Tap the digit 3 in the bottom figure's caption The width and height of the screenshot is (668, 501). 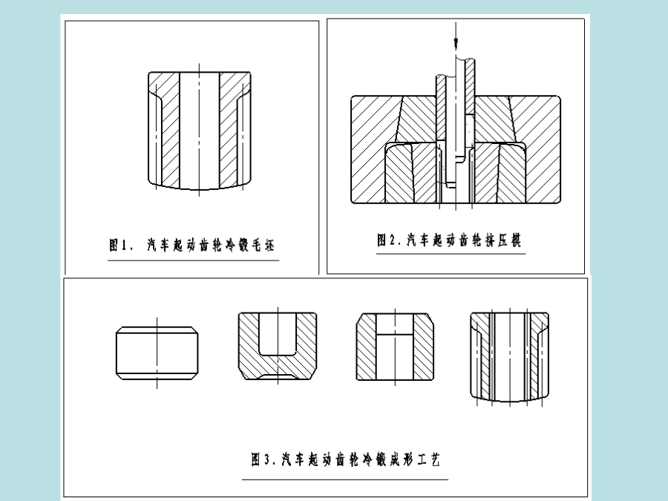pyautogui.click(x=266, y=459)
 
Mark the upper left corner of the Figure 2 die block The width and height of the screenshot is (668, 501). pyautogui.click(x=352, y=96)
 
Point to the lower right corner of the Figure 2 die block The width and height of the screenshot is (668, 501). pyautogui.click(x=560, y=203)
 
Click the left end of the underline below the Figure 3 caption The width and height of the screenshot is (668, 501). pyautogui.click(x=242, y=479)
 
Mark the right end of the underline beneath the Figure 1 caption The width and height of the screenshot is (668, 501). pyautogui.click(x=279, y=260)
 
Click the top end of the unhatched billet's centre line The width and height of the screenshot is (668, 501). pyautogui.click(x=157, y=318)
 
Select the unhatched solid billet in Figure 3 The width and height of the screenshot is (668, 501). pyautogui.click(x=157, y=353)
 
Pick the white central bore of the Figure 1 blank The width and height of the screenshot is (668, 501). pyautogui.click(x=200, y=131)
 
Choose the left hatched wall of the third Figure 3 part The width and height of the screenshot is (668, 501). pyautogui.click(x=367, y=347)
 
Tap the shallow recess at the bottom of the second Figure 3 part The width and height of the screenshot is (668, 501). pyautogui.click(x=278, y=377)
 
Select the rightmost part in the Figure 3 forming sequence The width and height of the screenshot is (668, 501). pyautogui.click(x=509, y=357)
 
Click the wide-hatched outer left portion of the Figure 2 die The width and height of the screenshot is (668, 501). pyautogui.click(x=370, y=149)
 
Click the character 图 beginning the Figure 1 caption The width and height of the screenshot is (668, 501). pyautogui.click(x=114, y=245)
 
